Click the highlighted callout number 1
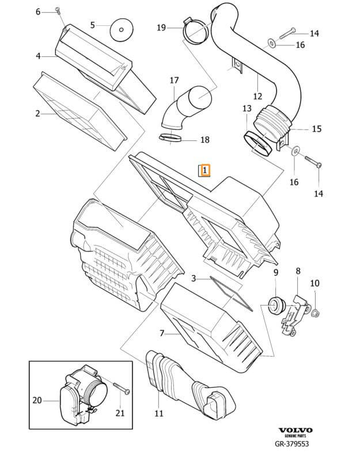[204, 171]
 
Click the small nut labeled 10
[316, 313]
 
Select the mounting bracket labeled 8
[294, 313]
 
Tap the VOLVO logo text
[296, 430]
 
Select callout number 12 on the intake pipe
[257, 96]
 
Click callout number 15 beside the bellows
[316, 129]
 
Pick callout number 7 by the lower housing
[162, 333]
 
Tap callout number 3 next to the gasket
[194, 278]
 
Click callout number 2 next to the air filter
[37, 114]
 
